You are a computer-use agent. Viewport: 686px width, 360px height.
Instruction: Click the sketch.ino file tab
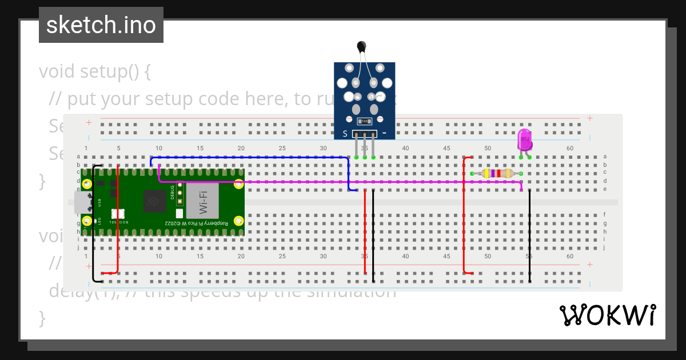(x=101, y=25)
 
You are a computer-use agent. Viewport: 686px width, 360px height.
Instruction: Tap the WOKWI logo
(x=607, y=315)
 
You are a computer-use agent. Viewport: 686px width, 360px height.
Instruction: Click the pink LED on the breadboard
(x=524, y=140)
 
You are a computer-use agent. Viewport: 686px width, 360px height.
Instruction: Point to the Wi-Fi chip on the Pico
(x=202, y=201)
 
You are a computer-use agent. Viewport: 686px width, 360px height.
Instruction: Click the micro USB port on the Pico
(x=82, y=202)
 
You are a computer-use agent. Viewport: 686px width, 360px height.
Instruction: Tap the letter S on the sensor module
(x=345, y=134)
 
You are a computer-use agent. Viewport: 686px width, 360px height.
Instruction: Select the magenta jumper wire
(x=343, y=182)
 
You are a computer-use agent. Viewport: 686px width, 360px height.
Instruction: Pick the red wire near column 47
(x=464, y=217)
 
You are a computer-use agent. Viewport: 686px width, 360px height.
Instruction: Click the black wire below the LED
(x=530, y=234)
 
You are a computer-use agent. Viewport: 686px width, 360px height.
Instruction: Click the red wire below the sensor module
(x=365, y=234)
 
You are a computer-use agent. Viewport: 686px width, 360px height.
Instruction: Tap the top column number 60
(x=570, y=149)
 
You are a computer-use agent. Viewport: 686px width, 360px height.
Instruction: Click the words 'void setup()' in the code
(x=95, y=72)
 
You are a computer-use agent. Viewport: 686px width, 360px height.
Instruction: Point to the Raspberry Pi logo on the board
(x=153, y=201)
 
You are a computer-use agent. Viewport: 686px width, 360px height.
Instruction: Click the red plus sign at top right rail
(x=589, y=118)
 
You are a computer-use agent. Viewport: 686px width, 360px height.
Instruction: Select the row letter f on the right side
(x=605, y=215)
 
